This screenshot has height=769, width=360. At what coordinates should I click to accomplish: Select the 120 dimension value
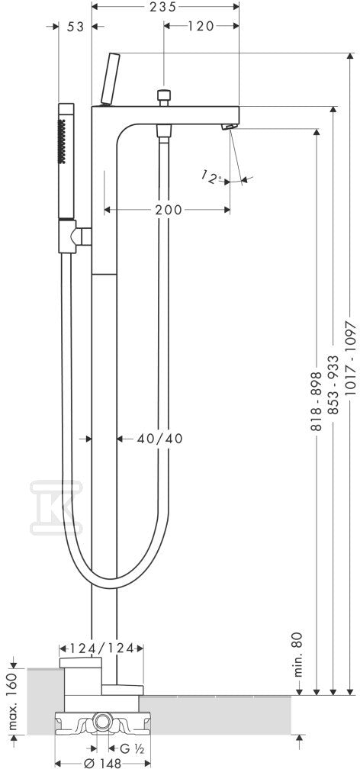click(201, 26)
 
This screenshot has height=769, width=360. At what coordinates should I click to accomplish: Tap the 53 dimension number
click(76, 27)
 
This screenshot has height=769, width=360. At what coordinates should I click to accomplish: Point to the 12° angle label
click(212, 178)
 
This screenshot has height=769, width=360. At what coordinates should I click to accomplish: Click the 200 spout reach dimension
click(169, 210)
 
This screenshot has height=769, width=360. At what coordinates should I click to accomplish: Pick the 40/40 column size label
click(160, 439)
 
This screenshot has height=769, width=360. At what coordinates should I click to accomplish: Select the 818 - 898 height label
click(317, 401)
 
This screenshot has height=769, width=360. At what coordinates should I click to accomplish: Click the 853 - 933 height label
click(333, 385)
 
